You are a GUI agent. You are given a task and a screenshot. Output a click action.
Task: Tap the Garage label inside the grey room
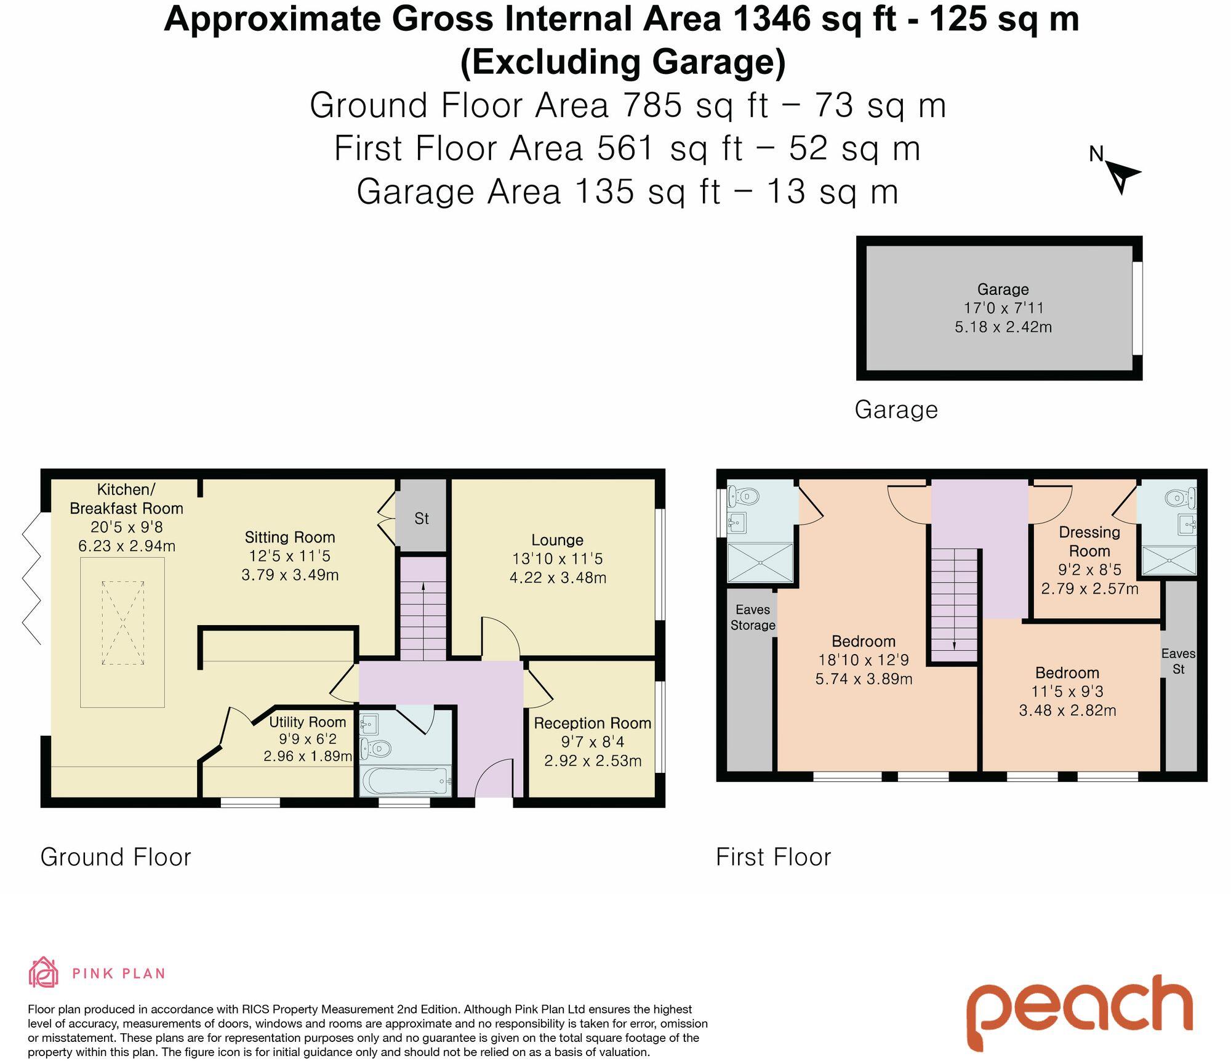pos(1003,289)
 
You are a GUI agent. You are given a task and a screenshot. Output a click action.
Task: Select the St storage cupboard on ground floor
pos(421,518)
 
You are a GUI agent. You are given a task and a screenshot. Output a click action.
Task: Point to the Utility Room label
pos(307,722)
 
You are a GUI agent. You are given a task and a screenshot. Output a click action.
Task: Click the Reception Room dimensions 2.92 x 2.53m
pos(593,761)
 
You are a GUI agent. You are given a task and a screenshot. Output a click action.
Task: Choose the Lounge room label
pos(557,540)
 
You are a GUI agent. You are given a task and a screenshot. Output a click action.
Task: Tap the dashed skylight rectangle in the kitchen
pos(123,623)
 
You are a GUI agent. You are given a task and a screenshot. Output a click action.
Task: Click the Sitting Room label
pos(290,538)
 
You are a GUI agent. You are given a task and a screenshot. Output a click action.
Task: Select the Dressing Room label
pos(1089,541)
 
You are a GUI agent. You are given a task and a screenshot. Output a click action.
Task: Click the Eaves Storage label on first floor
pos(753,617)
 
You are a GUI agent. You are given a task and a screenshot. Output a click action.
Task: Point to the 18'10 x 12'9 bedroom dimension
pos(863,660)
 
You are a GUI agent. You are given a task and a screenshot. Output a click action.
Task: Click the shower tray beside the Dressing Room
pos(1169,561)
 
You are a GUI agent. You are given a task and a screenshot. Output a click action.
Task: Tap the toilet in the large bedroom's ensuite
pos(744,495)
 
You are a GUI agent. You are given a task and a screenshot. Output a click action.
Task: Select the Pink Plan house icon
pos(44,973)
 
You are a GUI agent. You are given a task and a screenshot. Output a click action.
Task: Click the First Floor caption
pos(773,857)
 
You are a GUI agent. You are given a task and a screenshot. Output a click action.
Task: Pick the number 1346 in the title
pos(772,19)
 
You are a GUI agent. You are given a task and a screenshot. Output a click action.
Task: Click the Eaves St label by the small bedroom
pos(1178,661)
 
